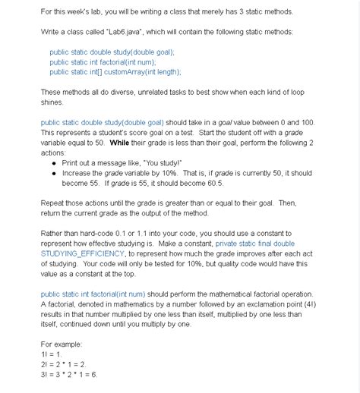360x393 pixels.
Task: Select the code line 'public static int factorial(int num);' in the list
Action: coord(107,62)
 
